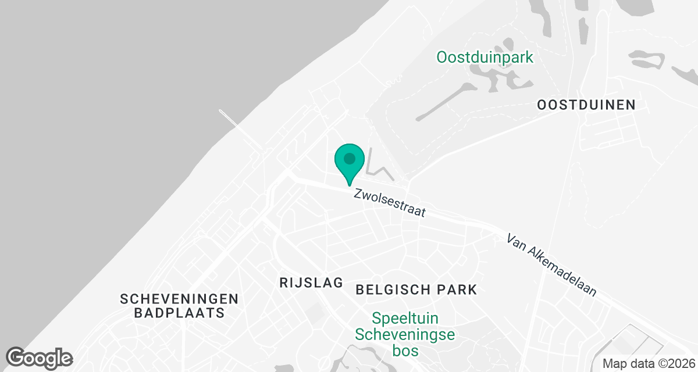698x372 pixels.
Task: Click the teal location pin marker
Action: (x=350, y=162)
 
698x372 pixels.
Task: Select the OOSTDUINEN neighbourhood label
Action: (x=586, y=105)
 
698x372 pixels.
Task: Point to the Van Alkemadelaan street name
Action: (x=551, y=265)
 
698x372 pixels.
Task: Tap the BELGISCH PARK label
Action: (x=416, y=289)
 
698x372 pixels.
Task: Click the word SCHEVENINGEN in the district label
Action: (x=179, y=299)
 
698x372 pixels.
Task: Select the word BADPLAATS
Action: (x=179, y=313)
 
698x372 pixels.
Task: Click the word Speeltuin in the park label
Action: (x=405, y=319)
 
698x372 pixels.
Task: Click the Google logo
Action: (x=40, y=357)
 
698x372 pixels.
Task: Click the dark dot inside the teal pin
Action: (x=350, y=158)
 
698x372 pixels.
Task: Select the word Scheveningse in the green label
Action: (x=405, y=335)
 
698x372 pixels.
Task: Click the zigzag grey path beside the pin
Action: (x=381, y=170)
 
